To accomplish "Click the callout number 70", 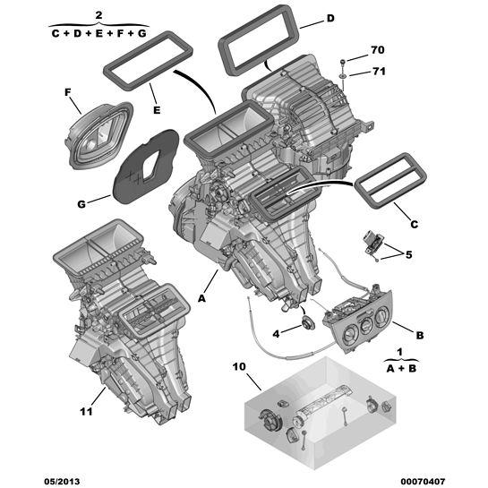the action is click(x=378, y=50).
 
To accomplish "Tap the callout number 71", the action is click(x=379, y=72).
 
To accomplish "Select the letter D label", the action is click(x=330, y=19).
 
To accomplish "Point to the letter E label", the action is click(x=157, y=110).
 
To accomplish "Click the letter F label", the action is click(x=68, y=92).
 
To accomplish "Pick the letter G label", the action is click(x=81, y=204).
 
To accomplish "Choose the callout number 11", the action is click(x=87, y=411).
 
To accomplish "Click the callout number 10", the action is click(x=239, y=366).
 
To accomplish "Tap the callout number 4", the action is click(x=276, y=334).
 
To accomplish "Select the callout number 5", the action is click(x=408, y=254).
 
